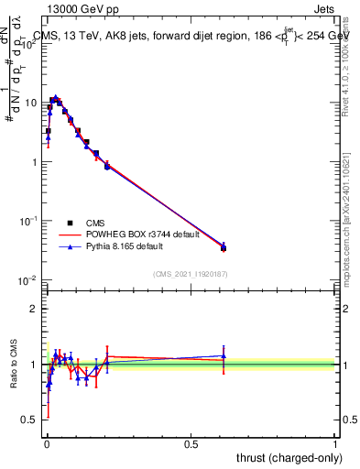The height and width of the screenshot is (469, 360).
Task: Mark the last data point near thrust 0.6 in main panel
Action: [224, 247]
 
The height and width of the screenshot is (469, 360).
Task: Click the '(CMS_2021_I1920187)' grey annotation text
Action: [191, 273]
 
